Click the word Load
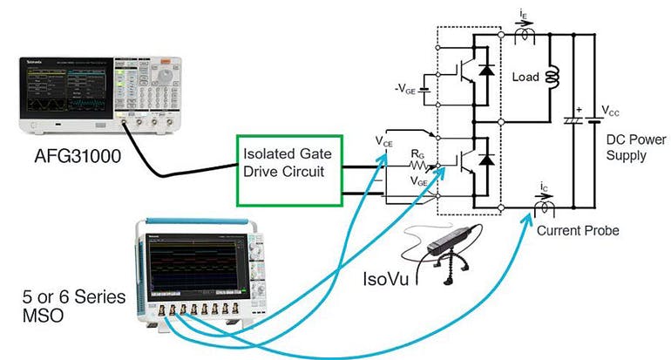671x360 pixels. point(525,77)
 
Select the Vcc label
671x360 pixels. point(612,112)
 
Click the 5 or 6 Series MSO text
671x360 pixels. point(61,307)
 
